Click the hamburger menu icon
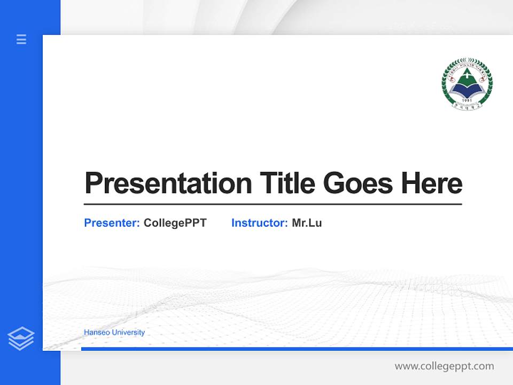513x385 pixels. (21, 39)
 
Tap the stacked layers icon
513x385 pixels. (21, 338)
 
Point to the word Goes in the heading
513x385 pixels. (359, 183)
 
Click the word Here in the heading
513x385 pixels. (432, 183)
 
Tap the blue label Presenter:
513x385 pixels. (112, 223)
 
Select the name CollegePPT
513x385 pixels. (175, 223)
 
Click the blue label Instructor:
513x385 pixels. (259, 223)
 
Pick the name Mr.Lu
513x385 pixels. (307, 223)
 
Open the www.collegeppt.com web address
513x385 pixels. (444, 366)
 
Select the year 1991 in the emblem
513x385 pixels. (467, 99)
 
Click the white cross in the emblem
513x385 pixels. (467, 76)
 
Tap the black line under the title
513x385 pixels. (273, 204)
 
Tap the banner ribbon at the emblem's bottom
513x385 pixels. (467, 106)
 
